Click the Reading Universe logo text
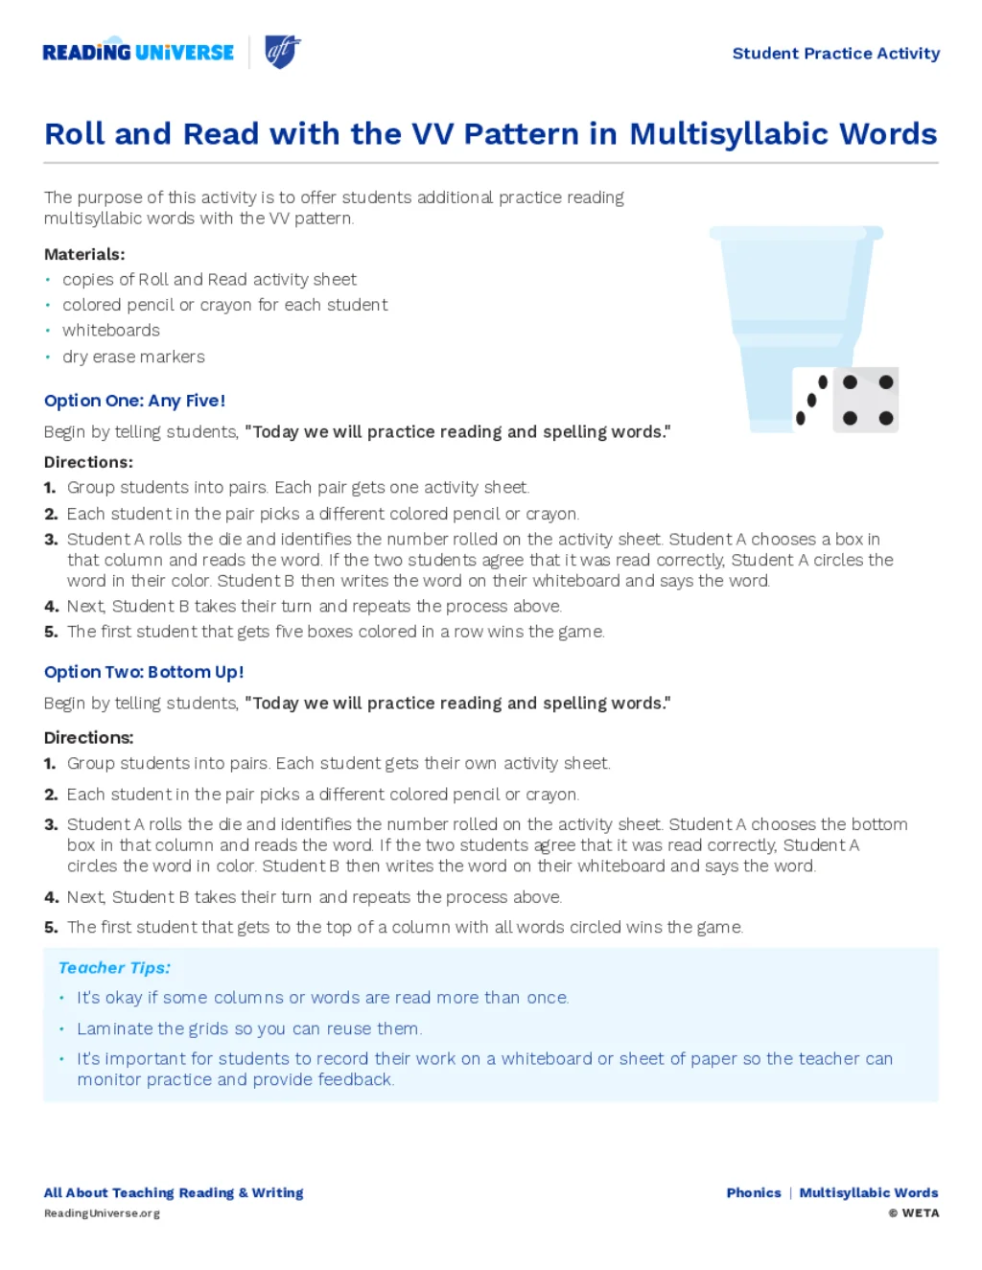coord(138,53)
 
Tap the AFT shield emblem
coord(282,51)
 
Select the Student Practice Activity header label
coord(835,54)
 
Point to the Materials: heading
coord(84,254)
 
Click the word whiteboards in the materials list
coord(111,331)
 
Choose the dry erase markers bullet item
coord(133,357)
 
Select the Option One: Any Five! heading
coord(134,401)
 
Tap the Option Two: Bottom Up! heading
coord(144,672)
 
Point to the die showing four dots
coord(866,400)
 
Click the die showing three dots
coord(811,400)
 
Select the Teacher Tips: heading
coord(114,968)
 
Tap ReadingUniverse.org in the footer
coord(102,1213)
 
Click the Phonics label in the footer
coord(754,1193)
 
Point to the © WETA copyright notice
coord(913,1213)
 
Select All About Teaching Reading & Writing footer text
coord(174,1193)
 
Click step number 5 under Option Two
coord(51,927)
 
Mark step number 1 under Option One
coord(50,488)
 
